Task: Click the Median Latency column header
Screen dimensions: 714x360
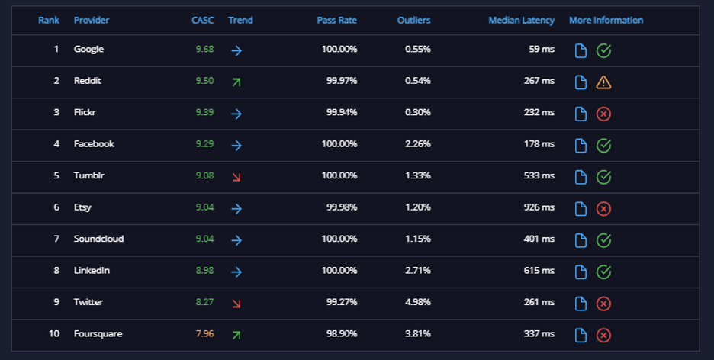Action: coord(521,20)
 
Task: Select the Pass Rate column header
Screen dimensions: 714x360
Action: coord(337,20)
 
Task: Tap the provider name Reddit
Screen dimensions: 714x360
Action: coord(88,81)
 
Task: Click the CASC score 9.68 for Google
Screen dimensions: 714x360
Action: coord(204,49)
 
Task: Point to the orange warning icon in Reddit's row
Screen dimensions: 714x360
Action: coord(604,82)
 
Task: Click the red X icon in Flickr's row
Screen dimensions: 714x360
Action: coord(604,114)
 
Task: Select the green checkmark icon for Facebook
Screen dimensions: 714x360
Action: coord(604,146)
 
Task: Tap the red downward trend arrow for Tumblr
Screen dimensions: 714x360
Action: coord(236,177)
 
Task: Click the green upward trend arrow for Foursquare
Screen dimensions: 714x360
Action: coord(236,336)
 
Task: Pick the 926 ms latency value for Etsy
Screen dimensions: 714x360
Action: coord(539,207)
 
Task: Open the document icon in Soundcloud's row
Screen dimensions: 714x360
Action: coord(581,240)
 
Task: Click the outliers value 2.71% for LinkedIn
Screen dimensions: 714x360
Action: coord(418,270)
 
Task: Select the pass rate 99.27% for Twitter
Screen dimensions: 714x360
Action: coord(342,302)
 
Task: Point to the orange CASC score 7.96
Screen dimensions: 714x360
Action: coord(204,333)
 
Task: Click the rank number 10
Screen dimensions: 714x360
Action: coord(54,333)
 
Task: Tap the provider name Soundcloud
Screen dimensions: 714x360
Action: coord(99,239)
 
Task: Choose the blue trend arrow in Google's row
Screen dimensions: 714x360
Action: coord(236,50)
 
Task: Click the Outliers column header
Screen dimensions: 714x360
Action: coord(414,20)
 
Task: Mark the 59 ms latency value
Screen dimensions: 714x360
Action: coord(542,49)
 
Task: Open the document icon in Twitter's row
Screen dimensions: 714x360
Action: coord(581,304)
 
